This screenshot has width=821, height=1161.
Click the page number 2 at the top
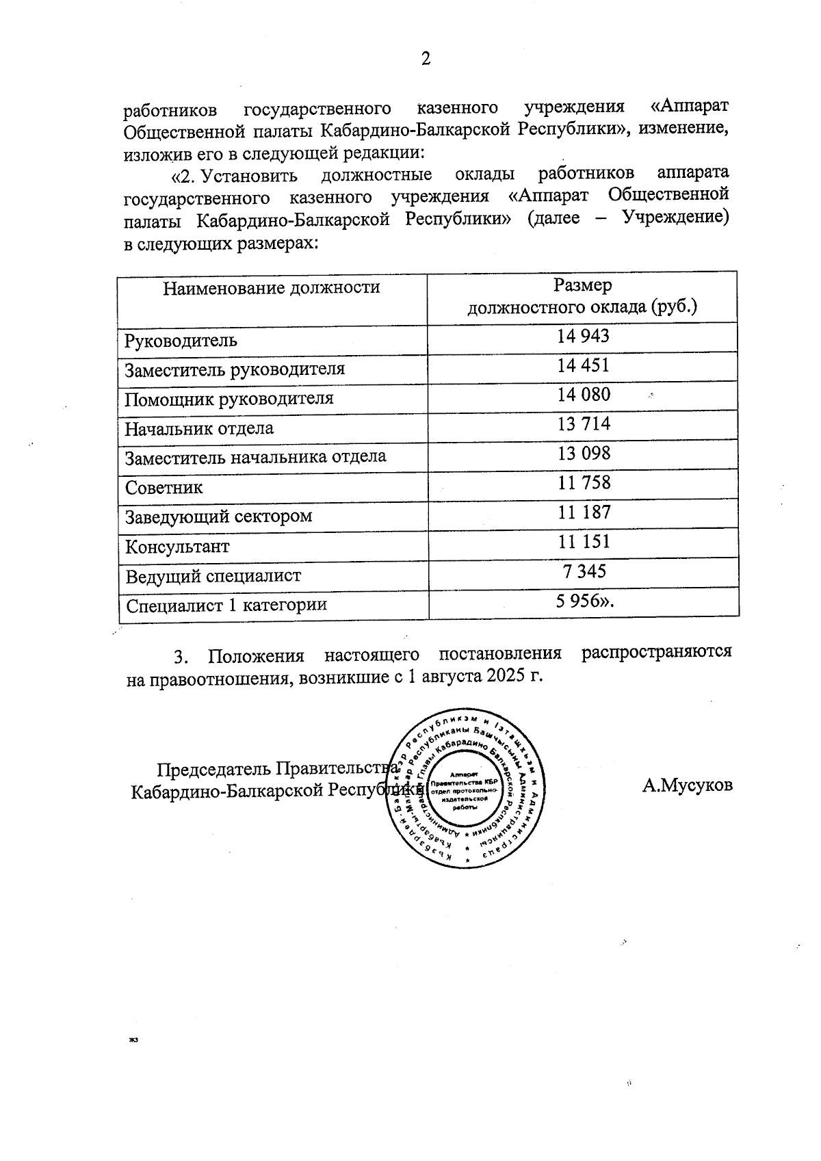point(426,60)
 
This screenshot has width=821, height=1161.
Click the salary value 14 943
point(583,336)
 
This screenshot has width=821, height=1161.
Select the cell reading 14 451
point(583,365)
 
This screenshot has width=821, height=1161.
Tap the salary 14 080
point(583,395)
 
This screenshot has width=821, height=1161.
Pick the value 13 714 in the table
point(583,424)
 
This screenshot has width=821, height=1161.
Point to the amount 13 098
point(583,454)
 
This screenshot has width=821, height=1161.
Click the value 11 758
point(583,483)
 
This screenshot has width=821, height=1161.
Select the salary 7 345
point(583,571)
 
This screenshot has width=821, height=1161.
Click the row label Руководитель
point(181,341)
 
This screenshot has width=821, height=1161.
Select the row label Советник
point(164,488)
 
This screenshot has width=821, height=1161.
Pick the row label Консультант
point(177,547)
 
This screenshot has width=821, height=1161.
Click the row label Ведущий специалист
point(213,576)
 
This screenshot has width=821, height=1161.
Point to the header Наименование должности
point(272,287)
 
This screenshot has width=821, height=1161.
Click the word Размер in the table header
point(583,285)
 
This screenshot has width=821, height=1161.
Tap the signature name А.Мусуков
point(687,785)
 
